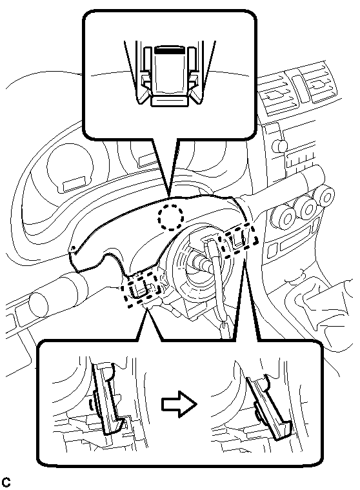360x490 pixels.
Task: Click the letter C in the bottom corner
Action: click(6, 482)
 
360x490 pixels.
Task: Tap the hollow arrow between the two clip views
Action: click(179, 404)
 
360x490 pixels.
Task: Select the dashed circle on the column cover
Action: click(170, 217)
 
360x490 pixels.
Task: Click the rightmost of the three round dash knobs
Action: click(325, 198)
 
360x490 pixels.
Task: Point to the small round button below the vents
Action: click(279, 145)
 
